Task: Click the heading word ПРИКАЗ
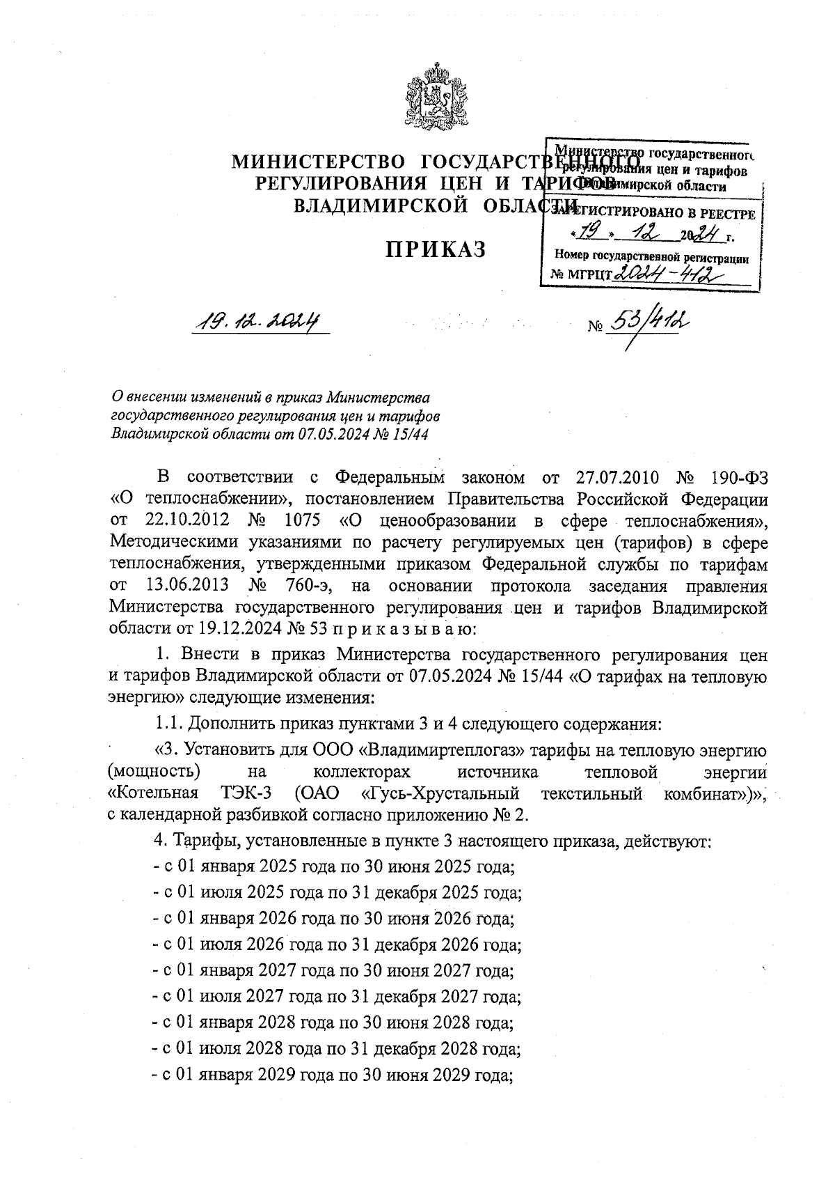pyautogui.click(x=436, y=249)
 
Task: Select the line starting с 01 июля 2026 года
pyautogui.click(x=337, y=945)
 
